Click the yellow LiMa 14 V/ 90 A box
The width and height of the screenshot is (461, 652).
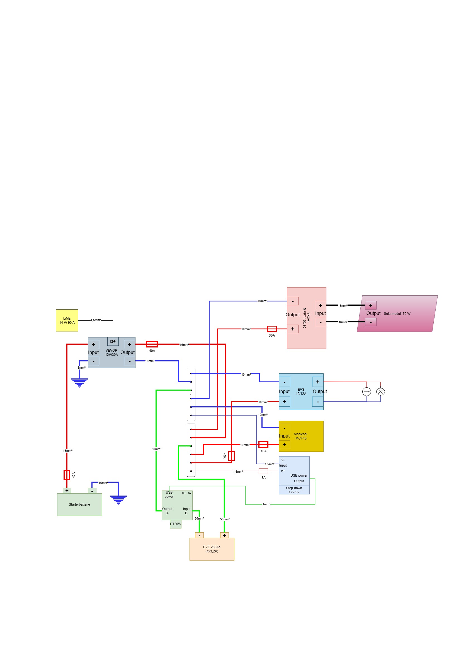click(67, 320)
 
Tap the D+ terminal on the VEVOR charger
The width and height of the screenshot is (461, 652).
click(113, 341)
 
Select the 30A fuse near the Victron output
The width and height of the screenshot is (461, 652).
click(272, 329)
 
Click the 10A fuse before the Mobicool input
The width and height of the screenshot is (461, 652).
click(263, 445)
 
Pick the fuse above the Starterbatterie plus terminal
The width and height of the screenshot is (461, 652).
click(67, 475)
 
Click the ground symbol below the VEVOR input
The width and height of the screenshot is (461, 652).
click(79, 383)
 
